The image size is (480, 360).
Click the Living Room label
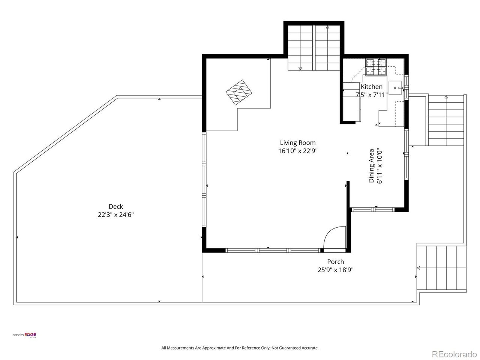(298, 143)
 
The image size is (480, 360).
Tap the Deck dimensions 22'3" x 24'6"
(115, 214)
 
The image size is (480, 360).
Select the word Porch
(336, 262)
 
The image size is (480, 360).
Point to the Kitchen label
(372, 87)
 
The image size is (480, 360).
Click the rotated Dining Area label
(371, 166)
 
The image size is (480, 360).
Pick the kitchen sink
(395, 88)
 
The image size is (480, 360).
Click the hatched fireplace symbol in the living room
(239, 92)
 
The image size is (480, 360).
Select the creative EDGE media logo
(25, 335)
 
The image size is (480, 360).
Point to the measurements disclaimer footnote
(240, 348)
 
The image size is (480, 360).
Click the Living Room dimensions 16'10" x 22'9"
(298, 151)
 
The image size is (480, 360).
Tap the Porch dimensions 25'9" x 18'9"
(336, 270)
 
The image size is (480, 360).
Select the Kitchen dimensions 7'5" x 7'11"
(372, 95)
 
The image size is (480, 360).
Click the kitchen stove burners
(376, 67)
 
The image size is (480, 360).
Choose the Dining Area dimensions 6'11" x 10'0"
(379, 166)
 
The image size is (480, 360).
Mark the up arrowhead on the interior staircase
(328, 27)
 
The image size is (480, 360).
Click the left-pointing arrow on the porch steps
(418, 268)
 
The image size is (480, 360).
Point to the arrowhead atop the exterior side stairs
(446, 97)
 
